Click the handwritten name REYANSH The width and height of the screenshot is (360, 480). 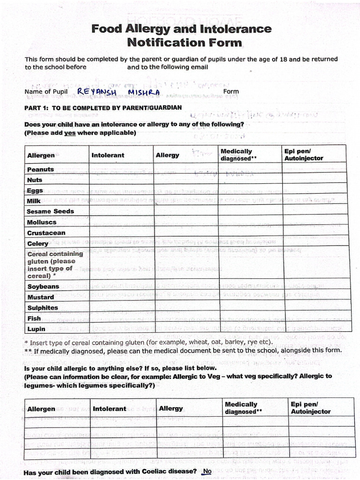(x=97, y=91)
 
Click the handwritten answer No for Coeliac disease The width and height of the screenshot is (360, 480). (x=207, y=471)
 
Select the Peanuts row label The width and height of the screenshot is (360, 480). (x=40, y=169)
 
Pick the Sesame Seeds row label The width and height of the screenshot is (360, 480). (x=51, y=211)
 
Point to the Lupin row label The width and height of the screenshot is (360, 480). (x=36, y=329)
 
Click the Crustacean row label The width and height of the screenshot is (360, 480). (x=46, y=233)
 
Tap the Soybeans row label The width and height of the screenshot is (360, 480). (x=43, y=286)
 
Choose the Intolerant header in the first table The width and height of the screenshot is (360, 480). (x=107, y=155)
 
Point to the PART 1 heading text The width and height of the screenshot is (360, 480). (x=103, y=108)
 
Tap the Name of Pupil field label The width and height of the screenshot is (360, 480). (x=46, y=92)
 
